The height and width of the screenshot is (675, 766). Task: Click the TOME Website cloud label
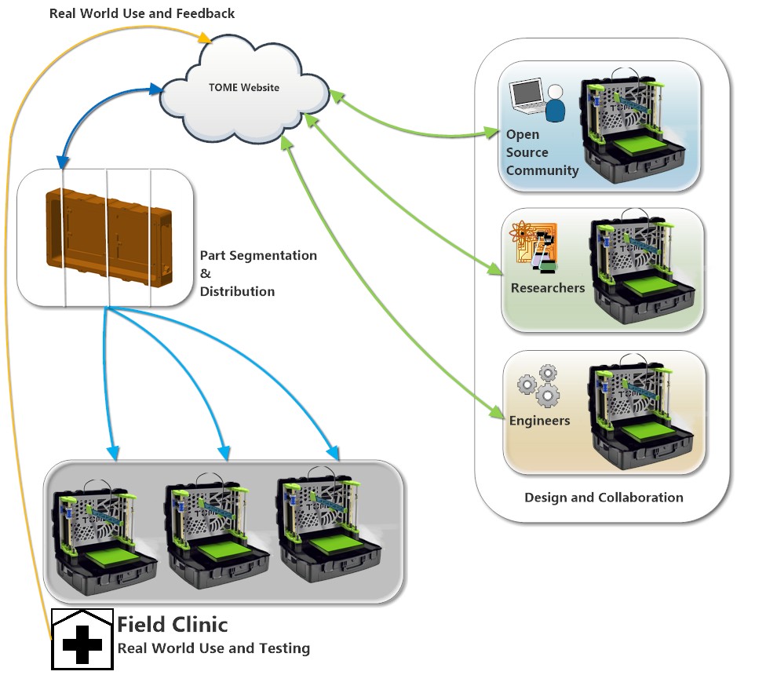pos(243,87)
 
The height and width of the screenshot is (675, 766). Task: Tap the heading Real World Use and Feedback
pos(142,13)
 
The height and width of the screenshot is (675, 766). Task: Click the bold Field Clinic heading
pos(173,625)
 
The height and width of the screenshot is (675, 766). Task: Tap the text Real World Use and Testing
pos(213,648)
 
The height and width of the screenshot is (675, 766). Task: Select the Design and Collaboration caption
pos(603,498)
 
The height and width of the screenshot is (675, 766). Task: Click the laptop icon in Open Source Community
pos(527,97)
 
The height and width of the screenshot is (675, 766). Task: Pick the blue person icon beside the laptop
pos(555,105)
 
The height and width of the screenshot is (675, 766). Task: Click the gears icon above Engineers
pos(538,386)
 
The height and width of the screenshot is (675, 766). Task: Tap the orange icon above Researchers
pos(534,246)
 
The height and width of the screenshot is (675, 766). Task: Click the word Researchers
pos(547,288)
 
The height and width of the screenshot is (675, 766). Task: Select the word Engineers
pos(539,421)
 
